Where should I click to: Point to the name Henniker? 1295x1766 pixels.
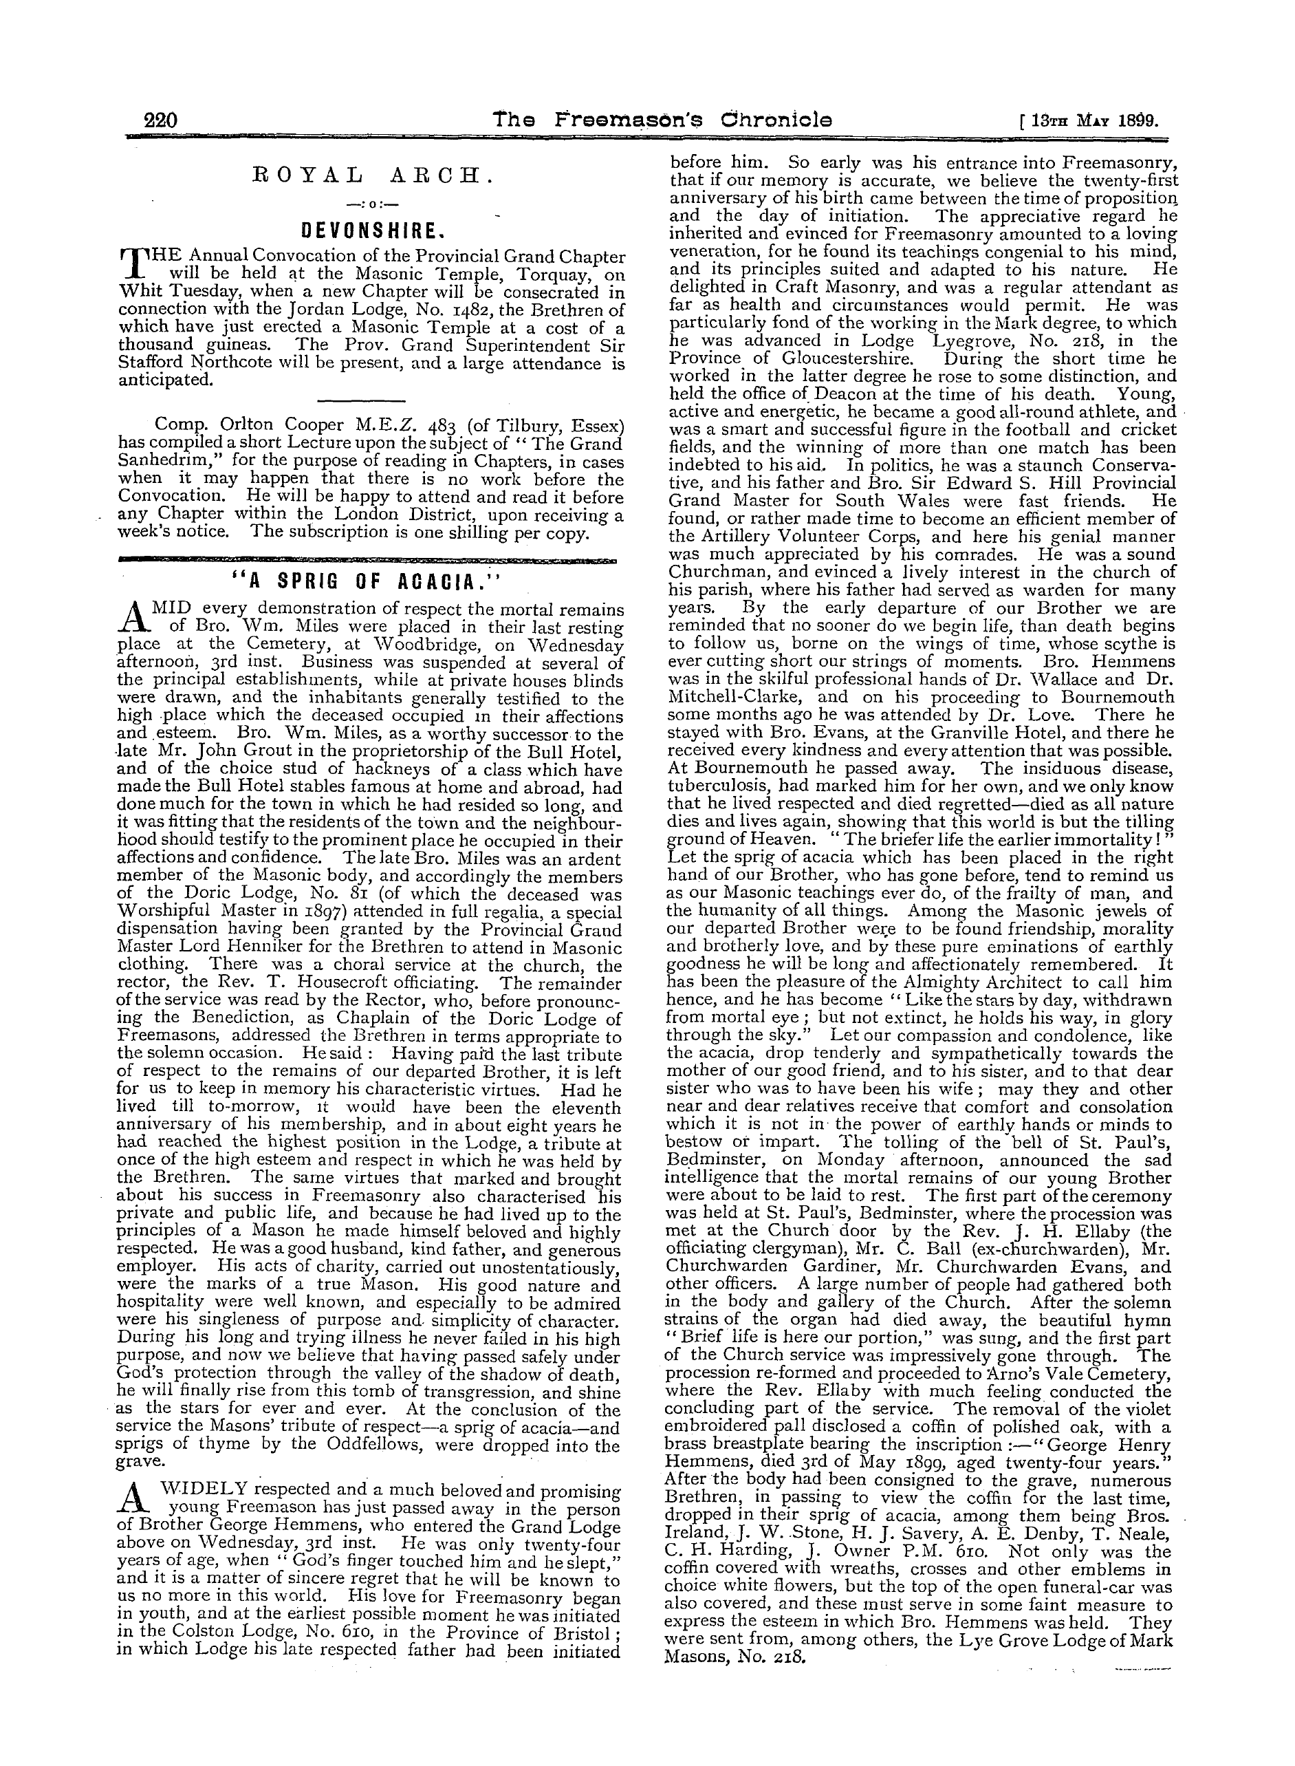pos(251,948)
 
